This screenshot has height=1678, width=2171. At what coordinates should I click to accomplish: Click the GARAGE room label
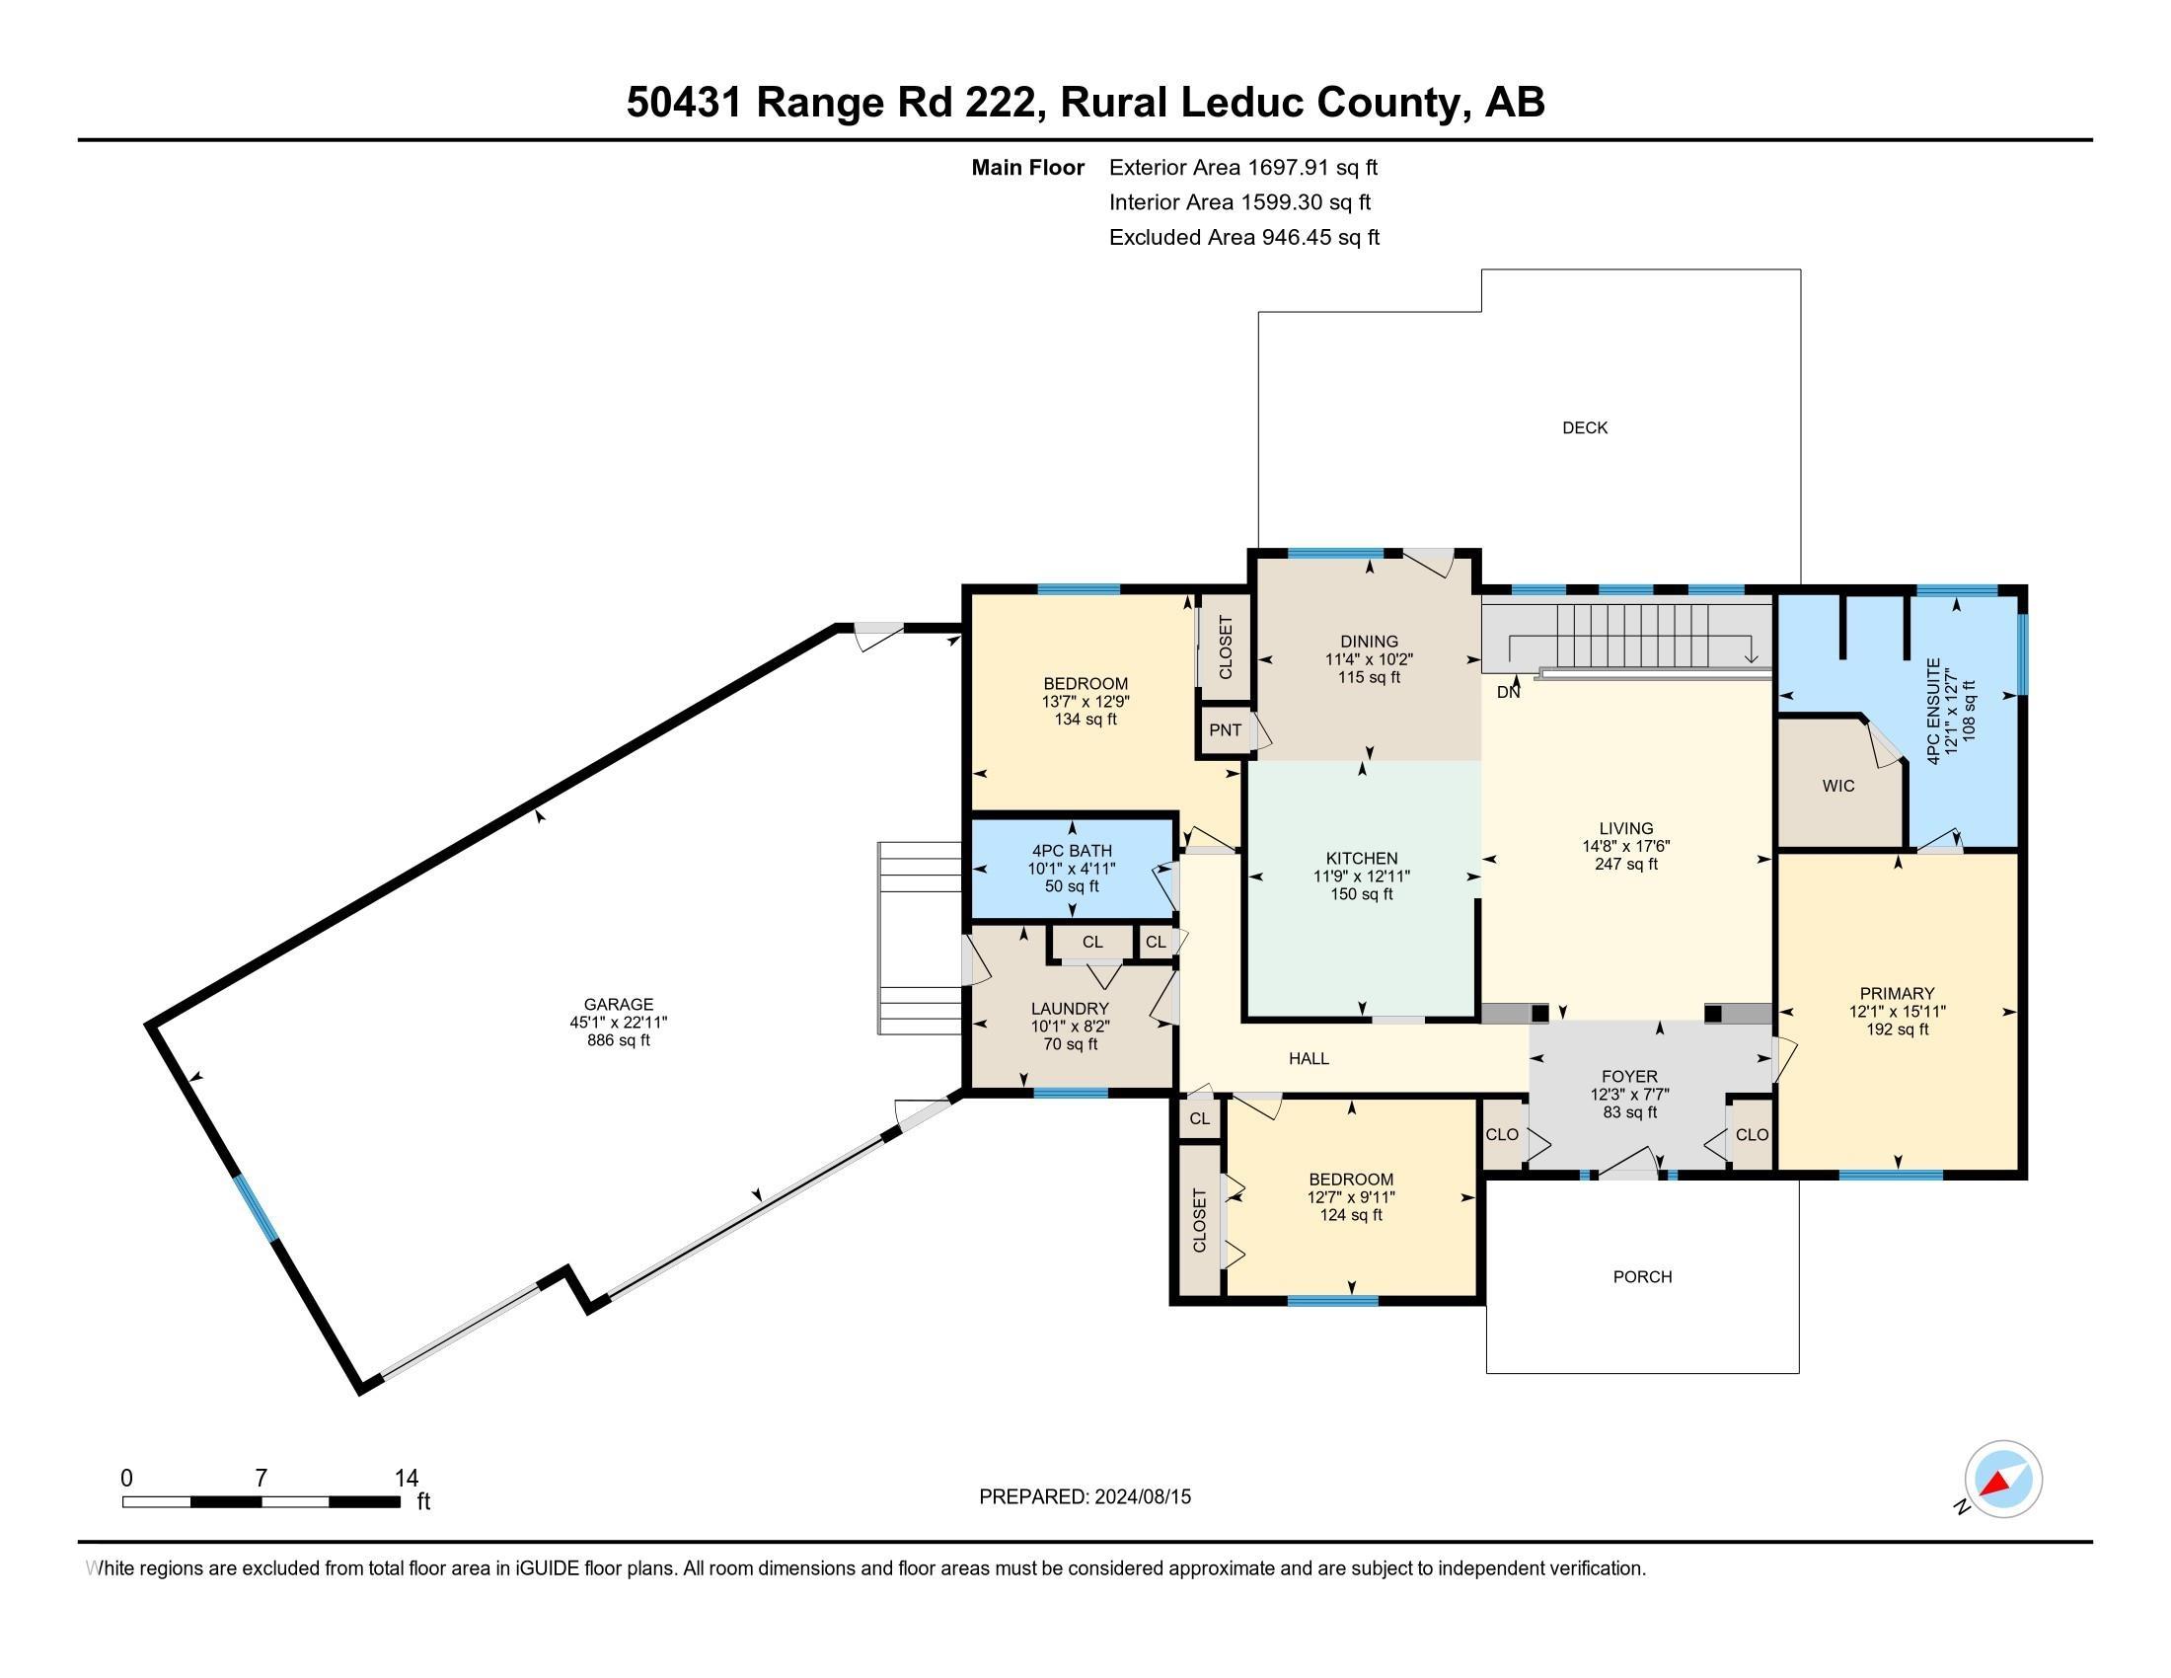click(x=618, y=1004)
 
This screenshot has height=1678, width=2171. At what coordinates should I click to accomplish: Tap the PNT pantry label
click(x=1225, y=729)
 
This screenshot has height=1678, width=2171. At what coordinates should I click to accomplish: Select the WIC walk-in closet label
click(x=1838, y=786)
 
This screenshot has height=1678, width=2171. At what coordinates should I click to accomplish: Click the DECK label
click(x=1585, y=427)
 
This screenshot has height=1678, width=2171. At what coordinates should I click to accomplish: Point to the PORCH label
click(x=1642, y=1276)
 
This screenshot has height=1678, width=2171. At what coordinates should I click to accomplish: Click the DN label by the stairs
click(x=1508, y=692)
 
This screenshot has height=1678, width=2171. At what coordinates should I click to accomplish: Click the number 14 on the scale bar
click(x=406, y=1479)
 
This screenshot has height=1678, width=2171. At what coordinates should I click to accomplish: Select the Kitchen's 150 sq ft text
click(x=1361, y=893)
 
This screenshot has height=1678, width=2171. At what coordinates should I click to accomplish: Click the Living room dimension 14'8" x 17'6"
click(x=1626, y=846)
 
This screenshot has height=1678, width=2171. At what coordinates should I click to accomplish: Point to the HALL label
click(x=1309, y=1059)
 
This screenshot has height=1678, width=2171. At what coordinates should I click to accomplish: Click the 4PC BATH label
click(x=1072, y=851)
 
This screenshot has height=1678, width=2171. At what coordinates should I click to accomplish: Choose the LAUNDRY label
click(x=1070, y=1008)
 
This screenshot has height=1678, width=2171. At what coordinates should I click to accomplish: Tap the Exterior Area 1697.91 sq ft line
click(x=1242, y=167)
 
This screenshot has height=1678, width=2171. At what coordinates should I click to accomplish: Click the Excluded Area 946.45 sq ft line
click(x=1243, y=237)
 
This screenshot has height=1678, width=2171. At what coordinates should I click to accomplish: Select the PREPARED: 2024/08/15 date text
click(x=1085, y=1496)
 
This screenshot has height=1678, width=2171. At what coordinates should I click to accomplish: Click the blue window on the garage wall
click(x=257, y=1207)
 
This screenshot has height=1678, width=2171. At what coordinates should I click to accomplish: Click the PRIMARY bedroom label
click(x=1897, y=993)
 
